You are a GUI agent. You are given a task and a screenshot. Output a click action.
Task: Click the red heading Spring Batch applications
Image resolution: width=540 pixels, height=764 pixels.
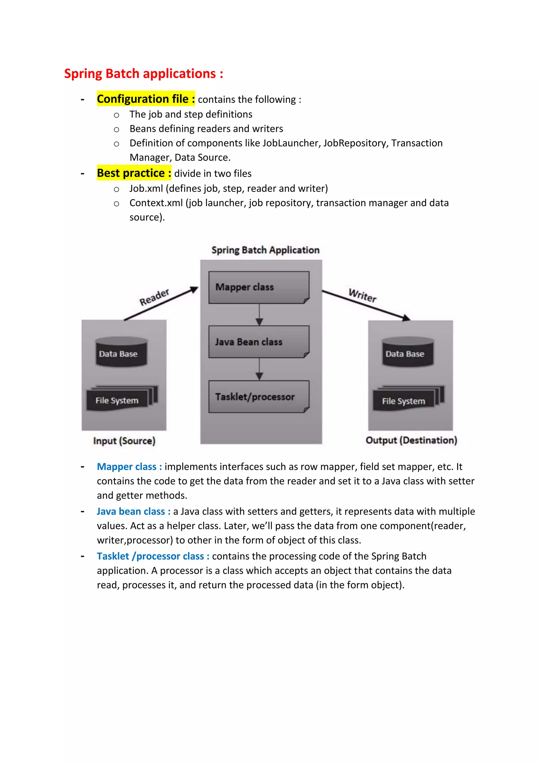click(143, 74)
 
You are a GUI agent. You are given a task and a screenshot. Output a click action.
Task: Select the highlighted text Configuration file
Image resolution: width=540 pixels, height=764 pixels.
click(146, 99)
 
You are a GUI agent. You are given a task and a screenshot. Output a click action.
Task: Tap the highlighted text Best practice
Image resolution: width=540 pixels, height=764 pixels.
click(134, 173)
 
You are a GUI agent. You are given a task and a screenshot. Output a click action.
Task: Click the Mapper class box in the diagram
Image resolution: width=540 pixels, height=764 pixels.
click(259, 287)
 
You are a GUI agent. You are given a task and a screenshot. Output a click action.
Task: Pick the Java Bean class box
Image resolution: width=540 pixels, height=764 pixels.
click(259, 342)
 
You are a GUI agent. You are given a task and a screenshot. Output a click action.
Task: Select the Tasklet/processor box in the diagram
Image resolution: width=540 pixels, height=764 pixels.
click(259, 397)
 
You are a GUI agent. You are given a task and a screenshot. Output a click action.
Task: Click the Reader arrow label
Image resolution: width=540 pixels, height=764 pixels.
click(154, 297)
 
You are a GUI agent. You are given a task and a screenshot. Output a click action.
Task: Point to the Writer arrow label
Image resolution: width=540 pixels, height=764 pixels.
click(363, 295)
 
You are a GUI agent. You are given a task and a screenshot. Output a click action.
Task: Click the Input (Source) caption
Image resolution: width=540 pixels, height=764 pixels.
click(124, 441)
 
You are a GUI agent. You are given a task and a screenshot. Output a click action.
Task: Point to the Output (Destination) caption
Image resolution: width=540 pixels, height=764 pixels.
click(411, 440)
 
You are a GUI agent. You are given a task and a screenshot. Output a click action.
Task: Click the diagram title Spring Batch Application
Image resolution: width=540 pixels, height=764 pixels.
click(265, 250)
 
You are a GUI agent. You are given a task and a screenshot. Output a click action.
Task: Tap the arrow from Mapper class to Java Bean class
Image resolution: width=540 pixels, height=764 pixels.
click(259, 315)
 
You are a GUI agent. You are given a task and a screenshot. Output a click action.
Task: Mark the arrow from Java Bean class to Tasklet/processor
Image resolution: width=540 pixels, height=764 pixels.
click(259, 369)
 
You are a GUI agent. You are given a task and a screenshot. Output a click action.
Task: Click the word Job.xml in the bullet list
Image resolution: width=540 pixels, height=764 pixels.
click(146, 188)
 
